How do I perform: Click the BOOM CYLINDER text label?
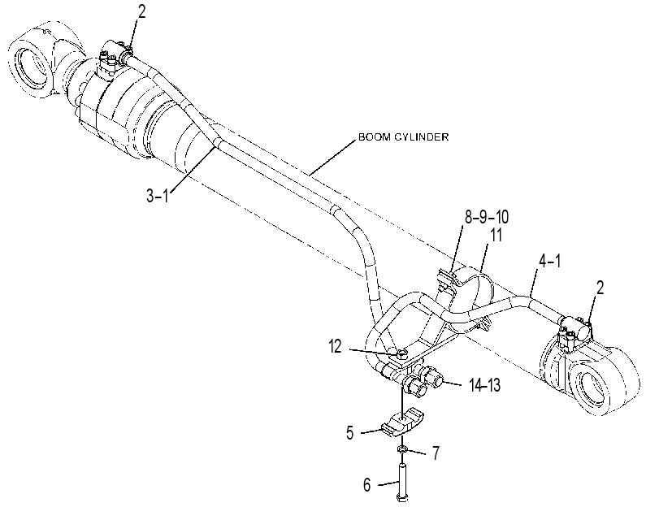[x=404, y=137]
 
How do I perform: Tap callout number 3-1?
[x=157, y=196]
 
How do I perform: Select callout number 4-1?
[x=550, y=261]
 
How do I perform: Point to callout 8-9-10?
[x=486, y=217]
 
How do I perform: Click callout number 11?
[x=496, y=235]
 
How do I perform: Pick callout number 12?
[x=335, y=347]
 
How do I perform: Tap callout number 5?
[x=350, y=432]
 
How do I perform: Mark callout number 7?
[x=436, y=453]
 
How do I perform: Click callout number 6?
[x=367, y=485]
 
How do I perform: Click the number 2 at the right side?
[x=600, y=288]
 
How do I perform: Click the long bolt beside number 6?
[x=401, y=482]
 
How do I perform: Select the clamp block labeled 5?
[x=402, y=422]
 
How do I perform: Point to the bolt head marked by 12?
[x=401, y=353]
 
